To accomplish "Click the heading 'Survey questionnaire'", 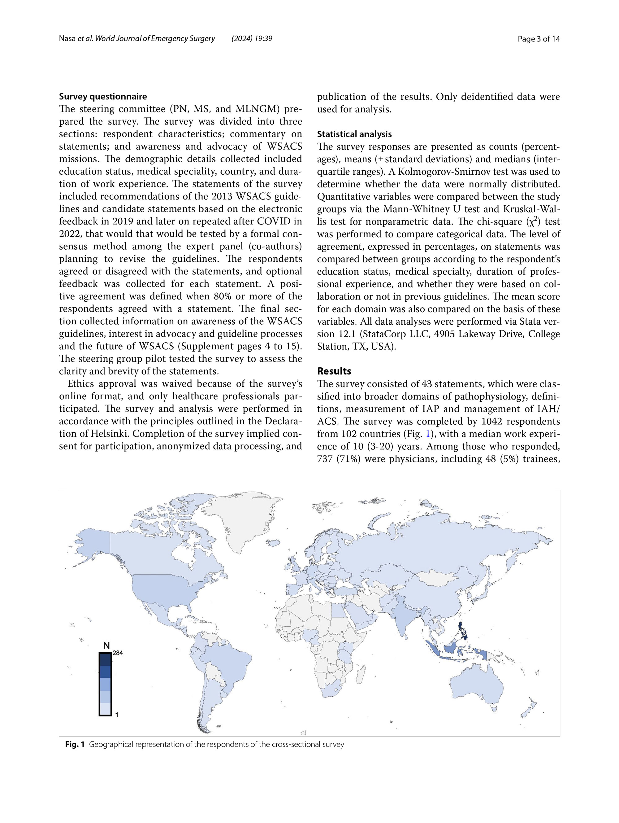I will click(x=103, y=96).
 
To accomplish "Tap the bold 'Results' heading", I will click(x=334, y=371).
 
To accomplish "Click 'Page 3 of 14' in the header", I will click(x=539, y=39).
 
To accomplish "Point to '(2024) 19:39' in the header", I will click(x=252, y=38).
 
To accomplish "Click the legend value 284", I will click(x=118, y=653).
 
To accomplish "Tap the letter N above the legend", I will click(x=106, y=646).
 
